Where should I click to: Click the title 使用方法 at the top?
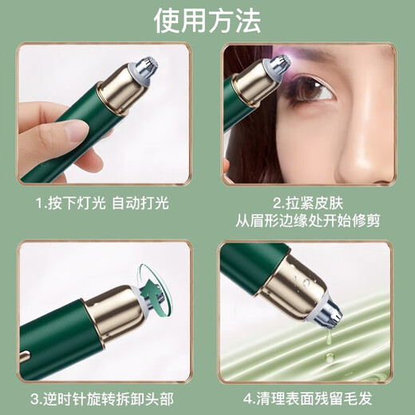(x=207, y=20)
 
